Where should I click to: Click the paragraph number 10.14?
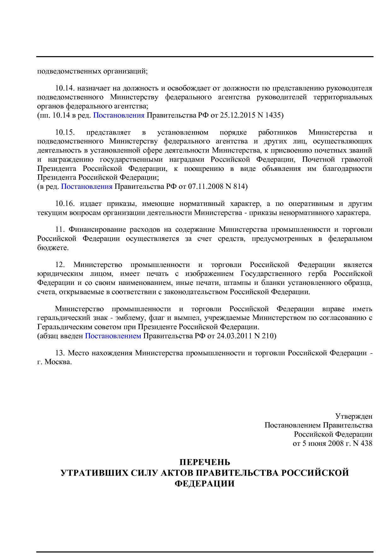tap(65, 88)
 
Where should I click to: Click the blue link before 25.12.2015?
tap(119, 115)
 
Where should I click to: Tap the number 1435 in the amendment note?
tap(273, 115)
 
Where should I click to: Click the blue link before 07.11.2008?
tap(87, 187)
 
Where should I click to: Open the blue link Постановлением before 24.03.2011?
tap(113, 336)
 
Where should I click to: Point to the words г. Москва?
tap(55, 362)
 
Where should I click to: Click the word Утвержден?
tap(353, 416)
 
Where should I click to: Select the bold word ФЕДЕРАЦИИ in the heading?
tap(205, 484)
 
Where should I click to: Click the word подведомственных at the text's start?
tap(69, 71)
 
